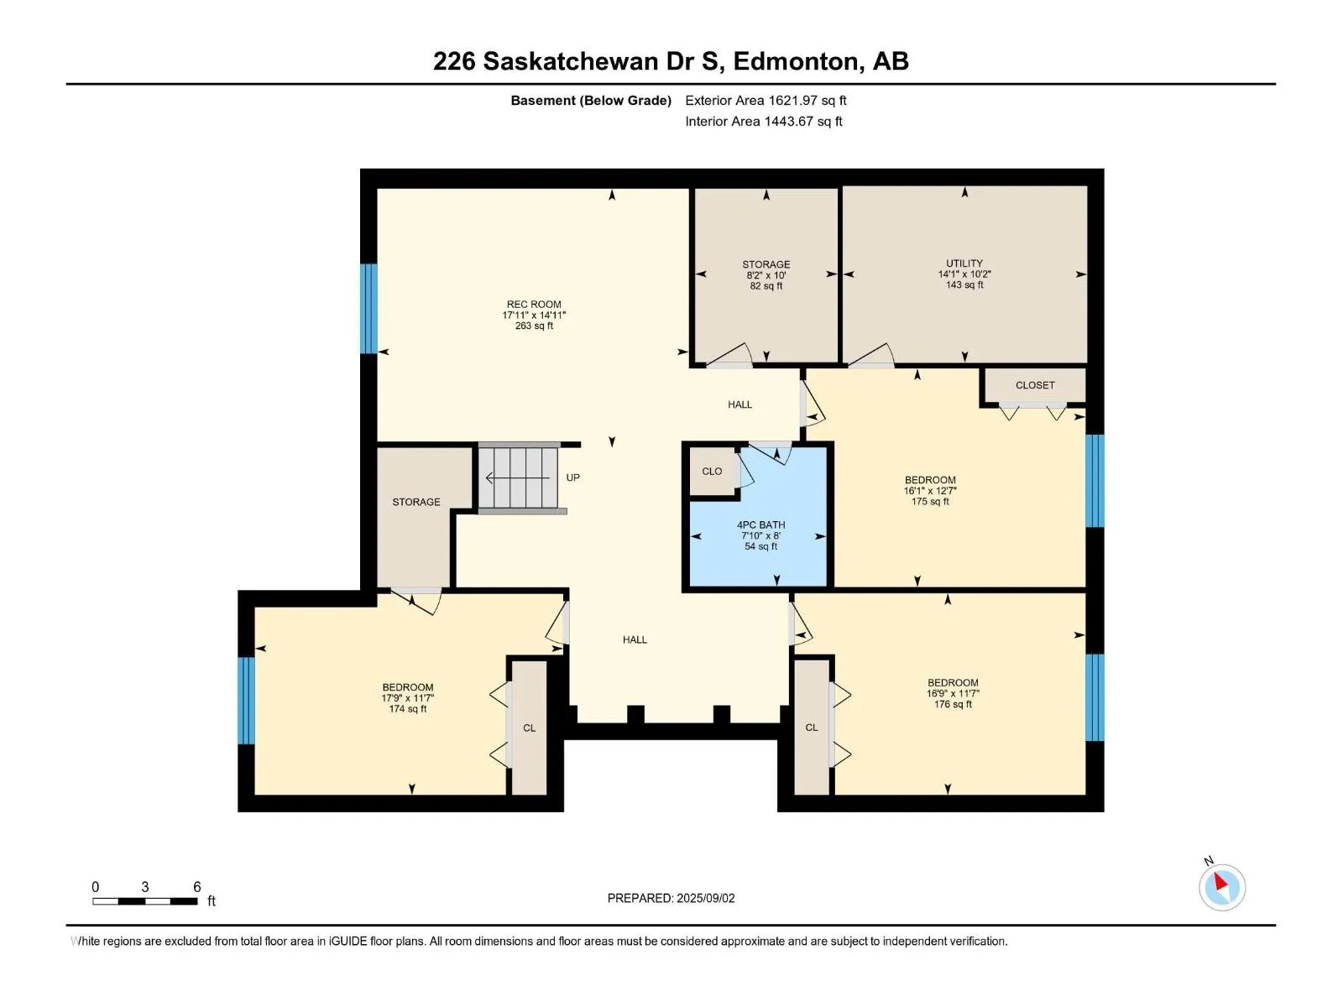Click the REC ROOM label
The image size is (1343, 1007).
click(x=534, y=305)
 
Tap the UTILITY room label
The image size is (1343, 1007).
click(x=964, y=263)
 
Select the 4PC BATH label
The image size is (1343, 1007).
click(x=760, y=525)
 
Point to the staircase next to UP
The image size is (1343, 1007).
click(x=519, y=477)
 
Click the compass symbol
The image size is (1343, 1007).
click(x=1222, y=887)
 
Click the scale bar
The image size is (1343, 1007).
click(x=145, y=901)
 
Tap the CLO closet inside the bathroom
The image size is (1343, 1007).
click(x=712, y=472)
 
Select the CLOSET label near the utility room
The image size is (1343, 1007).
click(x=1035, y=385)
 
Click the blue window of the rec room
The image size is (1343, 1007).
click(x=368, y=309)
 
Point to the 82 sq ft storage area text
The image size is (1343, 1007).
click(x=766, y=285)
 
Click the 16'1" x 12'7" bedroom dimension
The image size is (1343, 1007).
click(x=930, y=491)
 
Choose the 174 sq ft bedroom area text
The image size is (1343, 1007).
click(x=407, y=708)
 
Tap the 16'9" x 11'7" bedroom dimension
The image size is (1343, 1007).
click(x=953, y=693)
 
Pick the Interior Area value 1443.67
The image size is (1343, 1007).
click(x=789, y=121)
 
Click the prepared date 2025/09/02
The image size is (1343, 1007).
click(x=705, y=898)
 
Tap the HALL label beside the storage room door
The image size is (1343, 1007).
click(x=739, y=404)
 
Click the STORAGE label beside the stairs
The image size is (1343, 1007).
click(x=416, y=502)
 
